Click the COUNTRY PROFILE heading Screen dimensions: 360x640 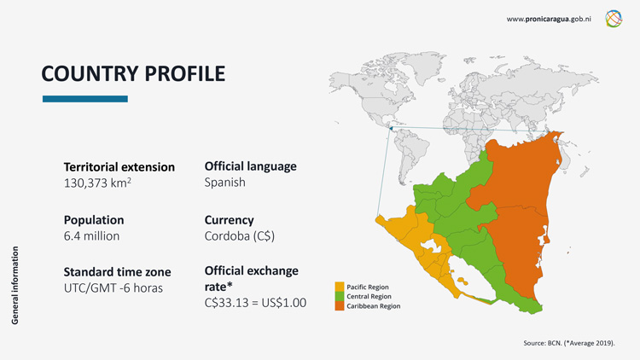pyautogui.click(x=133, y=74)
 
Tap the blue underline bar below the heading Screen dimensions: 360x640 pyautogui.click(x=84, y=99)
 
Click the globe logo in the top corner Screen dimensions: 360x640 pyautogui.click(x=614, y=18)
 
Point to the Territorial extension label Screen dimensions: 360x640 pyautogui.click(x=119, y=167)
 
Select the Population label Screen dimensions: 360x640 pyautogui.click(x=94, y=219)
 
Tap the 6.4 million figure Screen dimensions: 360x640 pyautogui.click(x=91, y=235)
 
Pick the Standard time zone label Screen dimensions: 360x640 pyautogui.click(x=118, y=272)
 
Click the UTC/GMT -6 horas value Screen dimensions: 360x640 pyautogui.click(x=113, y=288)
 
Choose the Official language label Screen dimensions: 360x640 pyautogui.click(x=251, y=166)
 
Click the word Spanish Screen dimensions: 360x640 pyautogui.click(x=224, y=183)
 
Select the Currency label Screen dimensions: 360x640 pyautogui.click(x=230, y=219)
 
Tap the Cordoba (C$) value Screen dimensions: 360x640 pyautogui.click(x=240, y=235)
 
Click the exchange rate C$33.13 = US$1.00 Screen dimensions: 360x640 pyautogui.click(x=256, y=302)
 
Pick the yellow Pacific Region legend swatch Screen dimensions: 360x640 pyautogui.click(x=339, y=287)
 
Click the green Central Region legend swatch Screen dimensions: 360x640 pyautogui.click(x=339, y=296)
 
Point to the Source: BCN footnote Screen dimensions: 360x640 pyautogui.click(x=569, y=342)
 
